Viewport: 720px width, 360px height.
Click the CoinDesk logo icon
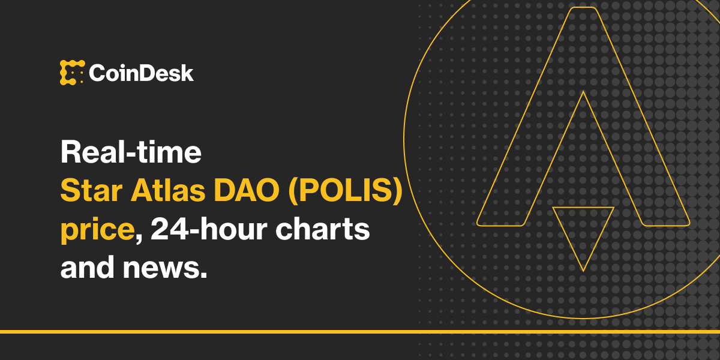tap(72, 73)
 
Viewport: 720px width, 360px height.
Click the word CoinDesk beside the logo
tap(142, 73)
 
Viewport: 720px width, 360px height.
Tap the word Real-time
tap(130, 153)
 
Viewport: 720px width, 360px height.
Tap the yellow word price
tap(96, 230)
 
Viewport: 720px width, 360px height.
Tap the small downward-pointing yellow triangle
tap(583, 231)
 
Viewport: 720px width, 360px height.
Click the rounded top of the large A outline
tap(583, 9)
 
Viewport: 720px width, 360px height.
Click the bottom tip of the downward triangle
tap(583, 270)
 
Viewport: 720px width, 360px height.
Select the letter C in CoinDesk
tap(98, 73)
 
